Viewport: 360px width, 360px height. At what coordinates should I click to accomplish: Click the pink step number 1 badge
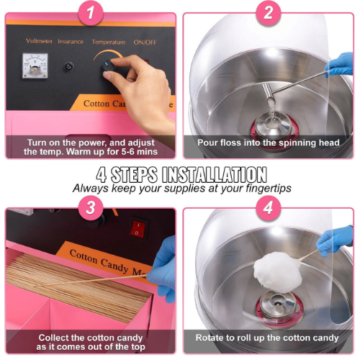coord(91,12)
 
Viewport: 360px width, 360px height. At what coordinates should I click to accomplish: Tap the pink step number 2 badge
coord(268,12)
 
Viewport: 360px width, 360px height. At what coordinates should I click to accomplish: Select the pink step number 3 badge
coord(91,207)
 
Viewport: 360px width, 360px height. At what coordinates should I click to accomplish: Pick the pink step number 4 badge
coord(268,207)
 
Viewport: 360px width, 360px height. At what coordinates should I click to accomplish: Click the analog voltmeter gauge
coord(35,66)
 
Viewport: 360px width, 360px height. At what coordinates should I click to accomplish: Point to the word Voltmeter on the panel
coord(39,41)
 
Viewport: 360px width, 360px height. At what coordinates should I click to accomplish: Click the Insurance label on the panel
coord(71,42)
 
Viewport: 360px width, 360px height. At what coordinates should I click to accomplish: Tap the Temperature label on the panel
coord(109,42)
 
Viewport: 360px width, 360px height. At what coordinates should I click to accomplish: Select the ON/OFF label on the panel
coord(145,42)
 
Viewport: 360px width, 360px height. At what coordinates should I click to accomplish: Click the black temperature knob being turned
coord(109,66)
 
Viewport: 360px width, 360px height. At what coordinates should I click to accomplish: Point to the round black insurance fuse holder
coord(69,66)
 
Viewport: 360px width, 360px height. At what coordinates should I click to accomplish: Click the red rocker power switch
coord(138,228)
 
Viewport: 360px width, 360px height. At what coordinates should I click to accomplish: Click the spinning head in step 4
coord(278,305)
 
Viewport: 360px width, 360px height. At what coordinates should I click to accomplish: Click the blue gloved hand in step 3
coord(163,269)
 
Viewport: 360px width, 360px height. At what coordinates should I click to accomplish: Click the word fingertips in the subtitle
coord(269,189)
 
